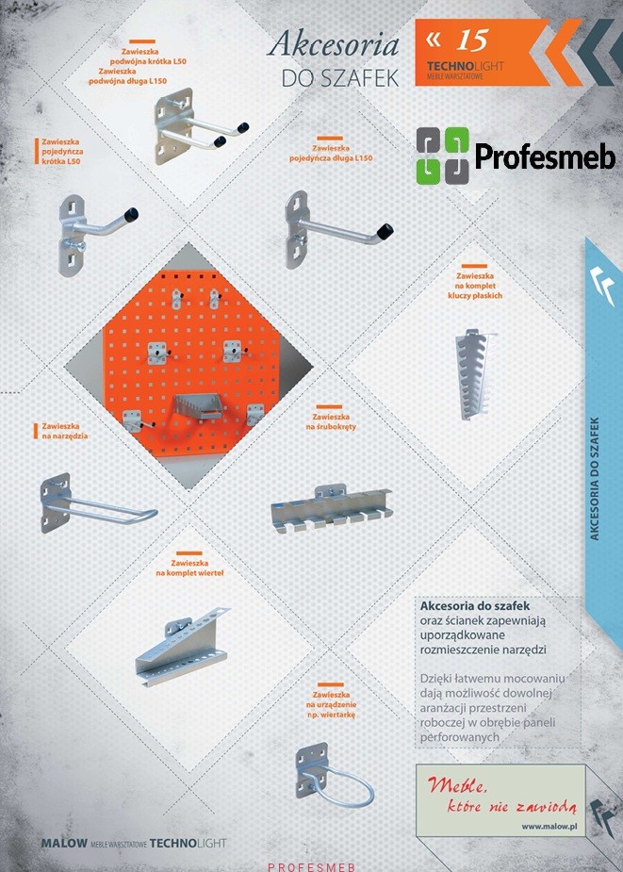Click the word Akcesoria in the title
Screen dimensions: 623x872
333,45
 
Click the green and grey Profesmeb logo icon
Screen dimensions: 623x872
443,156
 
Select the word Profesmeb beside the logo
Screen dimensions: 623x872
545,156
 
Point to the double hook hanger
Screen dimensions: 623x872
198,127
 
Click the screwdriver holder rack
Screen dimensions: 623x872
332,508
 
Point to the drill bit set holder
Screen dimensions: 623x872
181,645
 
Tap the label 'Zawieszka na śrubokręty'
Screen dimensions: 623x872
331,421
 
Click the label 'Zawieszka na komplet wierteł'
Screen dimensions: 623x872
189,568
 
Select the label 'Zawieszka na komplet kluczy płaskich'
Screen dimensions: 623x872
474,286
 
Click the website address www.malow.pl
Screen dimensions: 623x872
549,827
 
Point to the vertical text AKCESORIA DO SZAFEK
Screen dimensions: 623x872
595,479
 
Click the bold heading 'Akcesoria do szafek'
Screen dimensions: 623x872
475,605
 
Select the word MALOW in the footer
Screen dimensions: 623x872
64,843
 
